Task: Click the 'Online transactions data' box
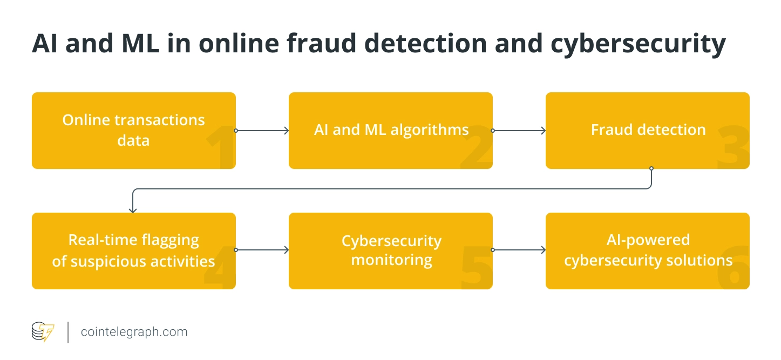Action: (133, 130)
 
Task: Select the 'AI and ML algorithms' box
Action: (391, 130)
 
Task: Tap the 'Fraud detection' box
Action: (648, 130)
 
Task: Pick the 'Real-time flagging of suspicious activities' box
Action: (133, 250)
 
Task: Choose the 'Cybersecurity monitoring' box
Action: (391, 250)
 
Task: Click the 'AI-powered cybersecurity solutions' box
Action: (648, 250)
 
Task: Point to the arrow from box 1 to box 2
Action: (262, 131)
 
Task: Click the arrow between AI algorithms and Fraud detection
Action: (519, 131)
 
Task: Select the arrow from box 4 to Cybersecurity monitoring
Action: (262, 250)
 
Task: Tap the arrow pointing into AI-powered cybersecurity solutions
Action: (519, 250)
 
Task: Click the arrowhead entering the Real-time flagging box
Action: (133, 210)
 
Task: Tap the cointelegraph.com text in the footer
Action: (134, 332)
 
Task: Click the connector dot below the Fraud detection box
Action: (651, 168)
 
